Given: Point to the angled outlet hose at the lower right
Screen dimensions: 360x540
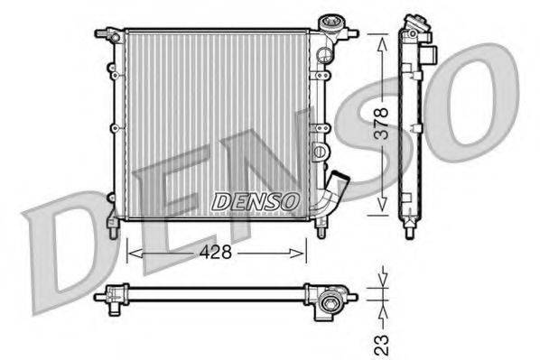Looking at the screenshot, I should (336, 189).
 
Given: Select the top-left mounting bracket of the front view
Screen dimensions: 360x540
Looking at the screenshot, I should (108, 35).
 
